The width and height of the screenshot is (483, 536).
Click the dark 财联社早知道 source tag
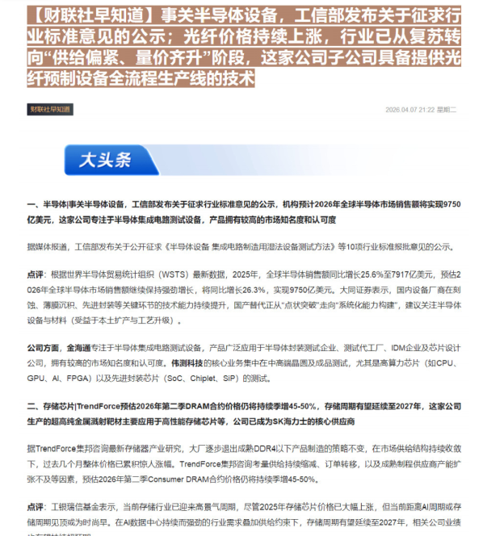coord(50,108)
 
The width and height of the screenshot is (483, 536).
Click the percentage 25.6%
coord(342,274)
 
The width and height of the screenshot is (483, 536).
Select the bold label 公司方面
coord(42,348)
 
